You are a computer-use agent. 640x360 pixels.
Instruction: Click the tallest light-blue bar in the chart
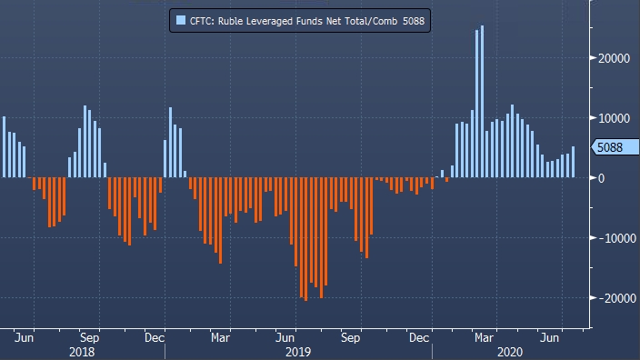tap(482, 101)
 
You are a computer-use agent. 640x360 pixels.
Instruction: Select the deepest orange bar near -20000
tap(306, 239)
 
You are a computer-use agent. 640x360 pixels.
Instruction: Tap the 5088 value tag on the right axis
tap(615, 147)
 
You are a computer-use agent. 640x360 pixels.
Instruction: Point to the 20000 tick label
tap(614, 58)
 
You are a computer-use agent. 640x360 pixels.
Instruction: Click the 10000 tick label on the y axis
tap(614, 118)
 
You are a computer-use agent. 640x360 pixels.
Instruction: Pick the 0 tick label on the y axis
tap(601, 178)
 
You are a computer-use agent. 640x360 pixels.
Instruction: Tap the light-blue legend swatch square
tap(180, 20)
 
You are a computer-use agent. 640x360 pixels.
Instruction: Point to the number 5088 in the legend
tap(414, 21)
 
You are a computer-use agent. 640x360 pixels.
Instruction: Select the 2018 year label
tap(82, 352)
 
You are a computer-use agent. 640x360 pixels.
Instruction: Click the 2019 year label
tap(298, 352)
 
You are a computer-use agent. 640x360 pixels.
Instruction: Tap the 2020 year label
tap(510, 352)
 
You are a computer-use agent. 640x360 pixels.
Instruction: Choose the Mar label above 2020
tap(484, 338)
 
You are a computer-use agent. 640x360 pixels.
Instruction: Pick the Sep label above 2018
tap(89, 338)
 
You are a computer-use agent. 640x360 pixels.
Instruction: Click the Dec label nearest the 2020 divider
tap(419, 338)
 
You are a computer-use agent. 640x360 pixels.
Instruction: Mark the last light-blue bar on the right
tap(573, 162)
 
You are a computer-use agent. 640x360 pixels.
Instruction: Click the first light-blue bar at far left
tap(4, 147)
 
